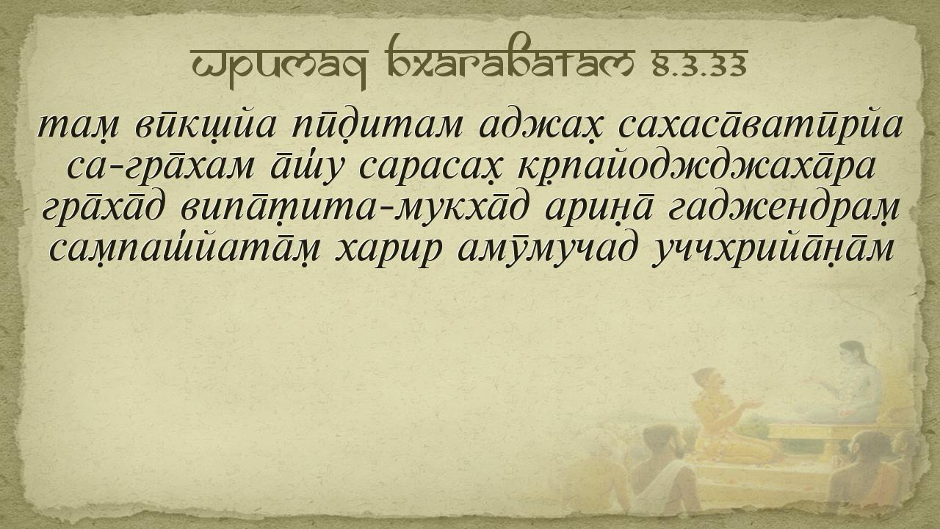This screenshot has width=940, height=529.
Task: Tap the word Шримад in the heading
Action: [x=278, y=65]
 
